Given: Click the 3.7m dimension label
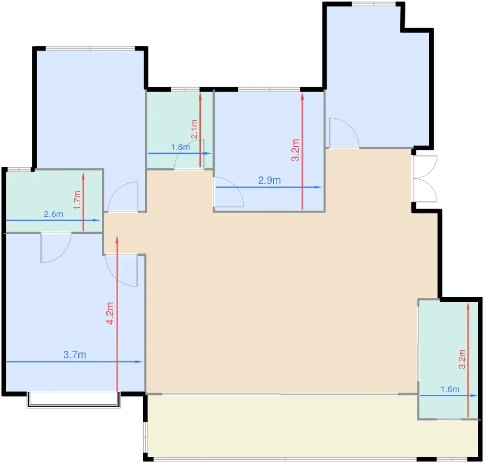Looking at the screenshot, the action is (x=75, y=354).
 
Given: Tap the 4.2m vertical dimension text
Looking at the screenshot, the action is (x=110, y=313).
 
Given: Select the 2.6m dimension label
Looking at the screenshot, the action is (x=54, y=214).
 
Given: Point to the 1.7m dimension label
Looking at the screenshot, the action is (x=77, y=200).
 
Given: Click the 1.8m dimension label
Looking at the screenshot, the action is (x=180, y=147).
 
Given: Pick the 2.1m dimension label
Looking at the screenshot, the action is (x=194, y=129).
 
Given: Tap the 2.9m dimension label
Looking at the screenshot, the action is (x=269, y=180).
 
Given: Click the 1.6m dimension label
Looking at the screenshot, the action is (x=450, y=389).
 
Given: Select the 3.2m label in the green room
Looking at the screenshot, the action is (x=462, y=359).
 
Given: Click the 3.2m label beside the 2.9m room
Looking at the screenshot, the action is (x=295, y=150).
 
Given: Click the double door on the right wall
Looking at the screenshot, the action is (x=425, y=178).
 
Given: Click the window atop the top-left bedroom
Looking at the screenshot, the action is (x=90, y=48).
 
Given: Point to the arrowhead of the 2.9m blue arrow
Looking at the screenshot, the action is (x=318, y=187).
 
